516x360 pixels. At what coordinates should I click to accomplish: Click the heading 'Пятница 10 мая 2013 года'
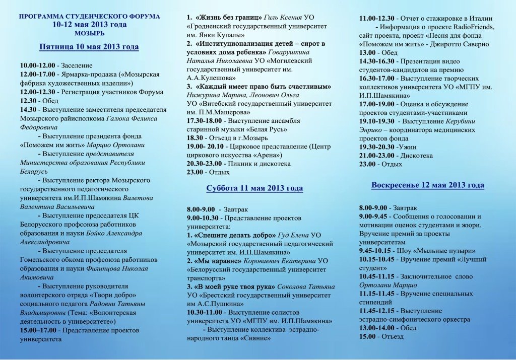[x=89, y=47]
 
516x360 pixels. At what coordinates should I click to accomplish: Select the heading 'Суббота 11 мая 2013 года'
[x=254, y=188]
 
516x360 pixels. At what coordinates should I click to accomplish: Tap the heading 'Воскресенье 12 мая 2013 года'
[x=427, y=185]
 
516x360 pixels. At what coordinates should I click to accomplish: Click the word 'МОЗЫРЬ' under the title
[x=89, y=33]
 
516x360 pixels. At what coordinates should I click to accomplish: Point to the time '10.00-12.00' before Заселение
[x=37, y=65]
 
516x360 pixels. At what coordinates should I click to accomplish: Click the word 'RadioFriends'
[x=474, y=27]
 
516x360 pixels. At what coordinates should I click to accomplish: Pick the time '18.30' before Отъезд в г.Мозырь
[x=195, y=137]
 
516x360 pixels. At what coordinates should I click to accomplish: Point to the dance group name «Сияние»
[x=254, y=338]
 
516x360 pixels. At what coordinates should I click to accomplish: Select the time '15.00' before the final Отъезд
[x=367, y=336]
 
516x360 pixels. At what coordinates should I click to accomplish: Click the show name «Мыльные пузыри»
[x=444, y=250]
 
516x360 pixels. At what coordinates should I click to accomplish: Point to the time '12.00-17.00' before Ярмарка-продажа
[x=37, y=75]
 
